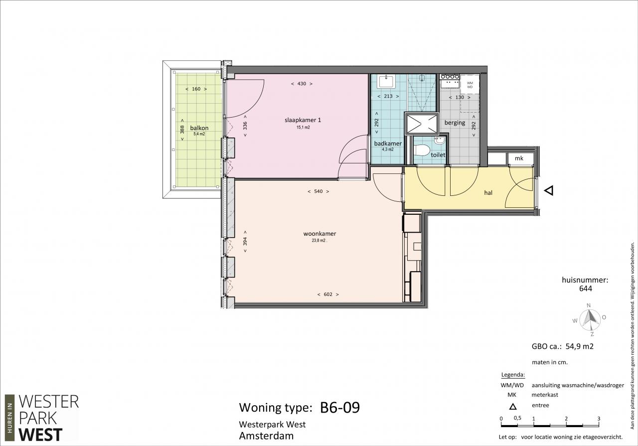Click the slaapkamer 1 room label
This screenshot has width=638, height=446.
coord(303,120)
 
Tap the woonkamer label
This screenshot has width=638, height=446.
coord(319,234)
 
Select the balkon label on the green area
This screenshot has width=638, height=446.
coord(199,128)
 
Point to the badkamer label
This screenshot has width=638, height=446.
coord(388,143)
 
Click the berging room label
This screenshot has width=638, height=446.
coord(455,123)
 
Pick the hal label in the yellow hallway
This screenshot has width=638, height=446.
coord(488,193)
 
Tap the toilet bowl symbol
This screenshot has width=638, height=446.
coord(422,150)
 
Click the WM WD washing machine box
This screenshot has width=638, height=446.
coord(470,85)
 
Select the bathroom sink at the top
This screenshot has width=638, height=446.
coord(386,81)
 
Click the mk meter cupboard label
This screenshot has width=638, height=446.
coord(519,158)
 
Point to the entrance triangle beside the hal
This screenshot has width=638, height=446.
coord(549,190)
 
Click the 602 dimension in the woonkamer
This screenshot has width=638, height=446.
coord(328,294)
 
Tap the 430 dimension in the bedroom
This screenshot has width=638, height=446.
coord(302,84)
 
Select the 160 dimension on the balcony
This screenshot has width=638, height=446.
coord(196,89)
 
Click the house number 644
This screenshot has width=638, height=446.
coord(586,289)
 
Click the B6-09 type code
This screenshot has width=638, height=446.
coord(340,407)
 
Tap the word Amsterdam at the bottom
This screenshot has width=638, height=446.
coord(266,436)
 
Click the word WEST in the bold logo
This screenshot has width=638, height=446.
coord(40,435)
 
